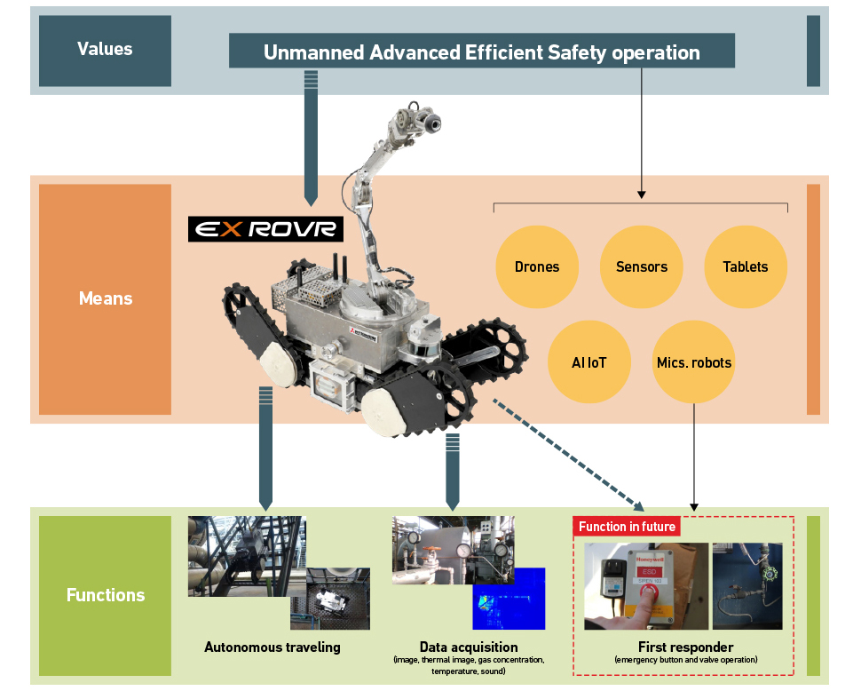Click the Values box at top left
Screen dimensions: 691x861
pyautogui.click(x=105, y=49)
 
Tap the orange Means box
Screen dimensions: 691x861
pyautogui.click(x=105, y=299)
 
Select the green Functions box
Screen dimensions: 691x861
pyautogui.click(x=105, y=595)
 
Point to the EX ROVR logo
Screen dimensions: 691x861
pyautogui.click(x=266, y=229)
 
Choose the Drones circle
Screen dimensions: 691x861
pyautogui.click(x=537, y=266)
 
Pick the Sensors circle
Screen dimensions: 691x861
pyautogui.click(x=641, y=266)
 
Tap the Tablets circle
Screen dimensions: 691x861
pyautogui.click(x=746, y=266)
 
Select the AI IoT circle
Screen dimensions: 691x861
pyautogui.click(x=589, y=362)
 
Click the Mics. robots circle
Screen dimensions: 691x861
pyautogui.click(x=693, y=362)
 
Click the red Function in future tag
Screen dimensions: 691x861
pyautogui.click(x=627, y=527)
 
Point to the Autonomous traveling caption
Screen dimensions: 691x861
pyautogui.click(x=272, y=647)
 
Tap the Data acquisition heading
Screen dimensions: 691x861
pyautogui.click(x=469, y=647)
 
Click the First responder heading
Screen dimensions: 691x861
pyautogui.click(x=685, y=647)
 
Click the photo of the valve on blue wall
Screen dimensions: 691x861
pyautogui.click(x=747, y=586)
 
